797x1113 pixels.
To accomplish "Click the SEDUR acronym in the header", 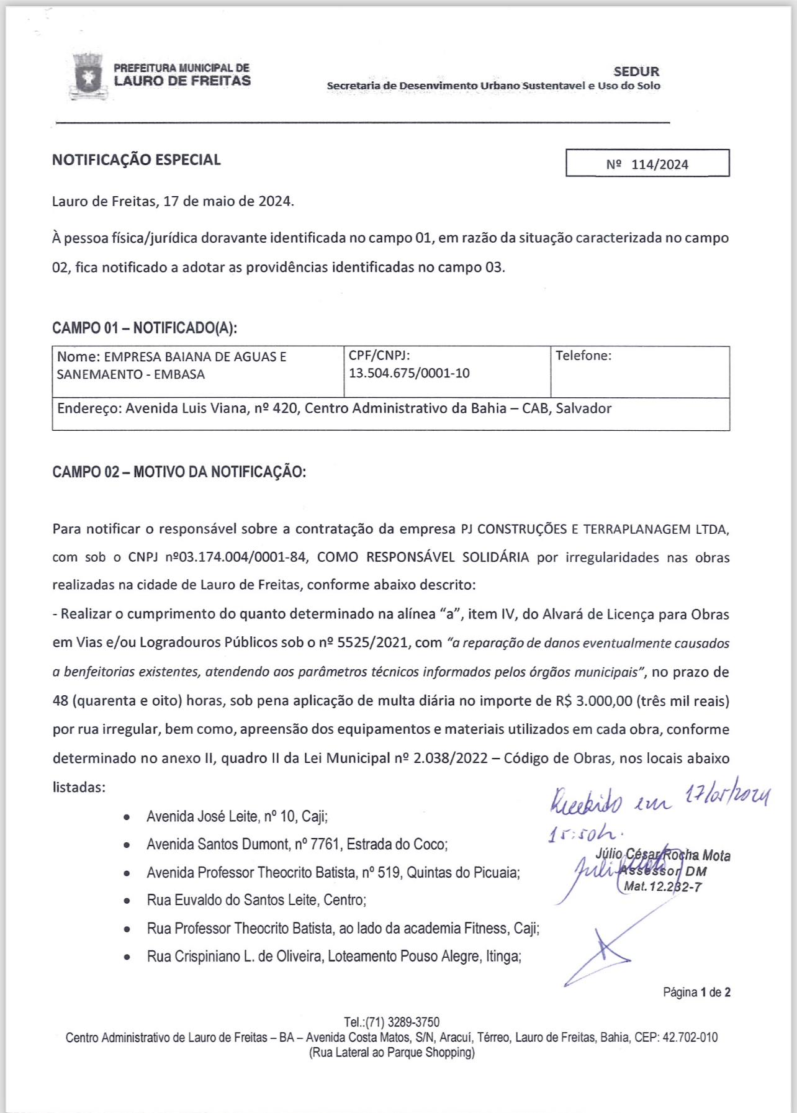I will pos(636,71).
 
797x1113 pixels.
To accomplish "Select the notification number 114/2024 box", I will pos(647,164).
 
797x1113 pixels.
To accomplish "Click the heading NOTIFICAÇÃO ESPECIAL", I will pos(137,160).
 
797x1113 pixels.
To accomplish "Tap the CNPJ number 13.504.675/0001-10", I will pos(409,373).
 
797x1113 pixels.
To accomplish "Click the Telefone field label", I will pos(583,356).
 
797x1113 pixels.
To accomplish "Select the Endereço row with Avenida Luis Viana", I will pos(335,408).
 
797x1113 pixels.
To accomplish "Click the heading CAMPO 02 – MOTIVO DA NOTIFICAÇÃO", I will pos(179,472).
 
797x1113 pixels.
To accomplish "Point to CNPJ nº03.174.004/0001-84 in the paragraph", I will pos(236,557).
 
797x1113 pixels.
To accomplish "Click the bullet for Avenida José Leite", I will pos(127,817).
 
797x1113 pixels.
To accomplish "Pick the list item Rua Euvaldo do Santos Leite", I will pos(256,900).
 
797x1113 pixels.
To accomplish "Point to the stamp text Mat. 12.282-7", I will pos(662,886).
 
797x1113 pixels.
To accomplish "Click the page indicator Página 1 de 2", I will pos(696,992).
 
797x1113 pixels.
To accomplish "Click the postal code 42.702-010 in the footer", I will pos(690,1037).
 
